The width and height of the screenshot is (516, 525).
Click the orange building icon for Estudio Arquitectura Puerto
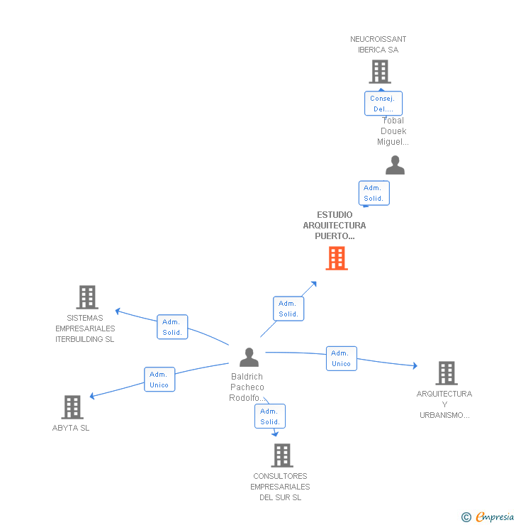[x=337, y=258]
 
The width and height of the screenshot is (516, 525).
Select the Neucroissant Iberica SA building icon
[x=379, y=72]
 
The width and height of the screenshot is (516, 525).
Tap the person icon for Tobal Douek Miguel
[x=395, y=165]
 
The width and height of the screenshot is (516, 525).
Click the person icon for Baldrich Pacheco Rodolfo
[x=249, y=357]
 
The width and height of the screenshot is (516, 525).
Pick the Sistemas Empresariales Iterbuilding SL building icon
[x=86, y=297]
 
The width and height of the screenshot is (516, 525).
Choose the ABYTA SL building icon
[x=72, y=407]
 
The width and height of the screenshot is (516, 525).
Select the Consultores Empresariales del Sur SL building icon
[x=281, y=455]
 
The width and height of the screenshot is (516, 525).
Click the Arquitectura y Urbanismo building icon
[x=446, y=373]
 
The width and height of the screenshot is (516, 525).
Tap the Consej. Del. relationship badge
[x=383, y=104]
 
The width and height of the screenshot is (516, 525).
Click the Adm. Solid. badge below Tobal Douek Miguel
[x=374, y=193]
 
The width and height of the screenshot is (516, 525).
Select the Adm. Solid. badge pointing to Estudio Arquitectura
[x=288, y=309]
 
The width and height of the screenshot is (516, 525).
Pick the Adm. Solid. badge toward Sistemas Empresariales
[x=172, y=327]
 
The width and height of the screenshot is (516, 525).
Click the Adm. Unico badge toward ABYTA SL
[x=159, y=380]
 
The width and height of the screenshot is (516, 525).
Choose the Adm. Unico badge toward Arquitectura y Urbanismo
[x=341, y=358]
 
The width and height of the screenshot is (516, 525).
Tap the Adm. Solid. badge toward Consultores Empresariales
[x=270, y=416]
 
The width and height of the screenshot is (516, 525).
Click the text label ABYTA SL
[x=71, y=428]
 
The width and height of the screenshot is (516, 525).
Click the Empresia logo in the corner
[x=488, y=516]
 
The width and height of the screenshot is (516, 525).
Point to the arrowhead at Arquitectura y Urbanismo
[x=415, y=366]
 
